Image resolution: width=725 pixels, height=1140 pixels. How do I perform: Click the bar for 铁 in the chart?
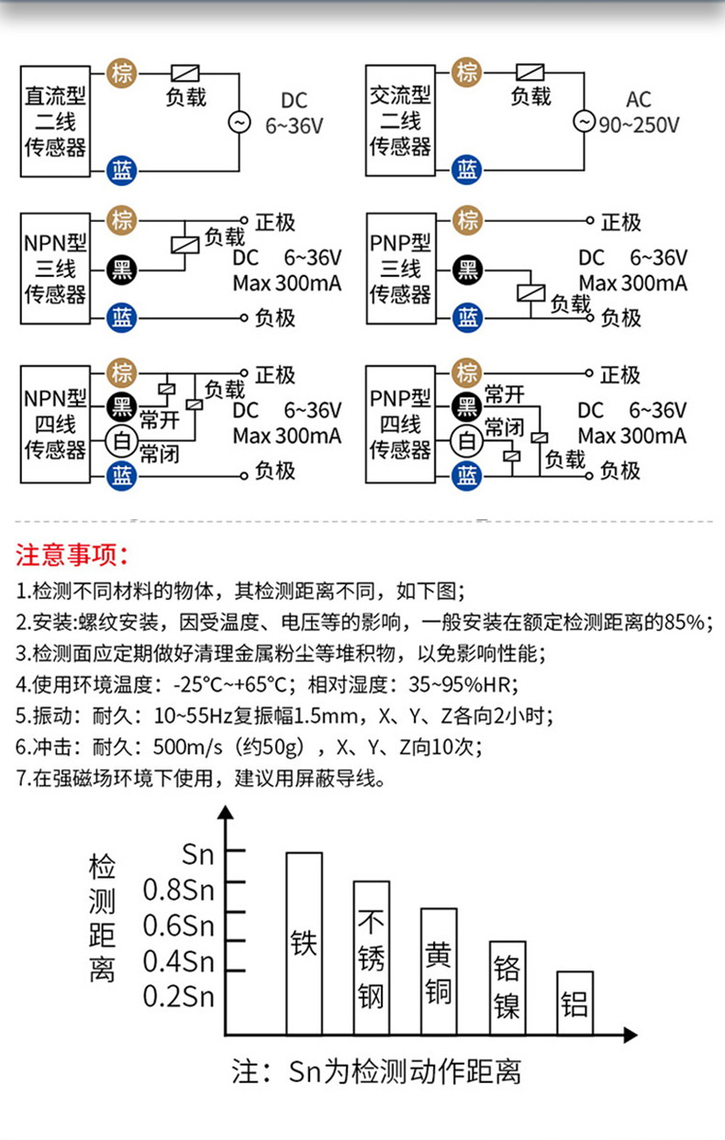[304, 943]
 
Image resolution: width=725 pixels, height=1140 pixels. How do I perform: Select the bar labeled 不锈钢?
[372, 957]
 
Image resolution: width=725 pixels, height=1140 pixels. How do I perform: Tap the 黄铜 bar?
[439, 971]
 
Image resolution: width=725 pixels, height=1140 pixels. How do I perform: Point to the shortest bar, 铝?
[574, 1002]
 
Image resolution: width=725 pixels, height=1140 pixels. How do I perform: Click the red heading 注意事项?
[72, 555]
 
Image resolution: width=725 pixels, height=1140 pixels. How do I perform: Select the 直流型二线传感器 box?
[55, 121]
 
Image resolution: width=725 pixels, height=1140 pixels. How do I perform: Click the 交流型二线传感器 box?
[400, 121]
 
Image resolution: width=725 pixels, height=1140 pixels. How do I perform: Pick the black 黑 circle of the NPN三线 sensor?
[122, 269]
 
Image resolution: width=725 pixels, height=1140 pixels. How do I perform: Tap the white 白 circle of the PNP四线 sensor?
[467, 441]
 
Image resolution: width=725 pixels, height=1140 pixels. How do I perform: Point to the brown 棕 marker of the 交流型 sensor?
[467, 72]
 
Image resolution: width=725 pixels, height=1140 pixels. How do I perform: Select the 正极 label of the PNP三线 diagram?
[620, 222]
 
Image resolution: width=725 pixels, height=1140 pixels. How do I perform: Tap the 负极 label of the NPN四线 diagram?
[275, 471]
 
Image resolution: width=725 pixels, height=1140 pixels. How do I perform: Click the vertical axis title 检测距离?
[102, 917]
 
